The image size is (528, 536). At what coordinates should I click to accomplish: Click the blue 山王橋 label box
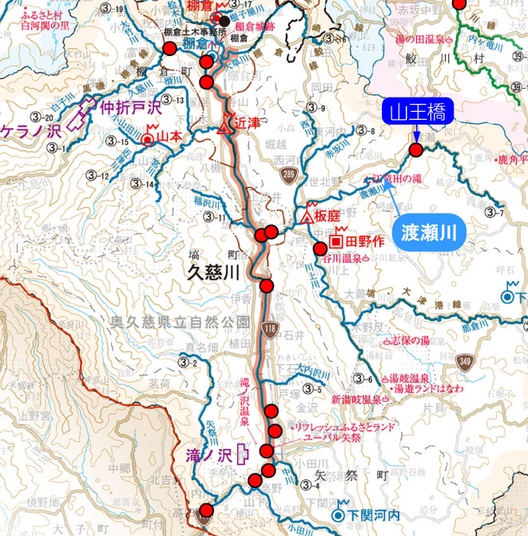[x=418, y=112]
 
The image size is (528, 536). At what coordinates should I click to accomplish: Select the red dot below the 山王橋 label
[x=415, y=149]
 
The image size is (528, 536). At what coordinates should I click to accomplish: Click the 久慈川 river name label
[x=213, y=272]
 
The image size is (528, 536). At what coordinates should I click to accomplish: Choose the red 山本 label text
[x=170, y=137]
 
